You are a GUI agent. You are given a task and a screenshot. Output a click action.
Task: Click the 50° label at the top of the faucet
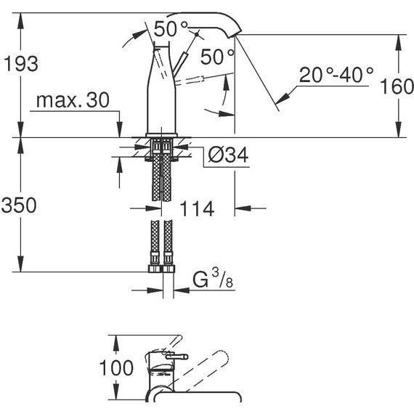pyautogui.click(x=170, y=30)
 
